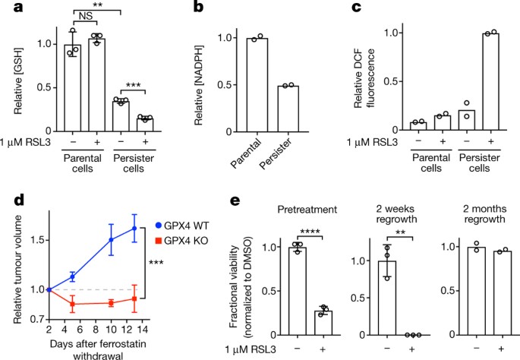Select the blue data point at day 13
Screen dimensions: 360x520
click(x=134, y=228)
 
